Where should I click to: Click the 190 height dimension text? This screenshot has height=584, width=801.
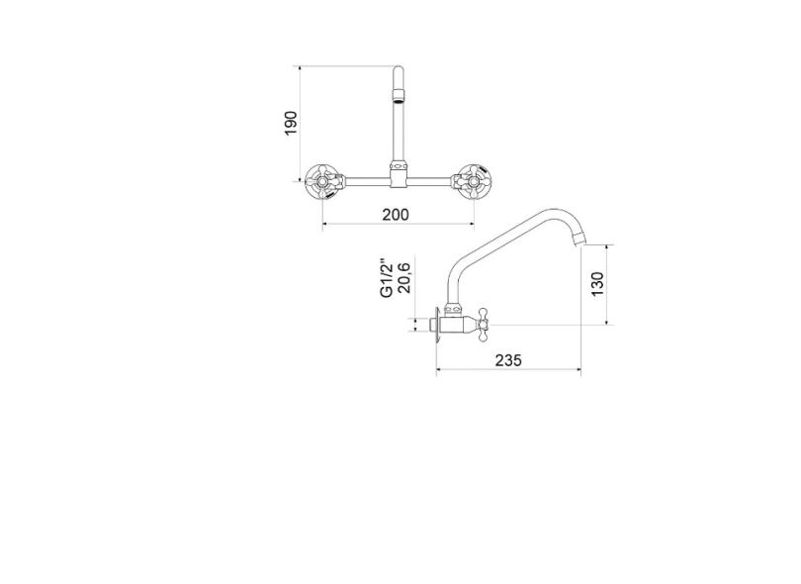point(291,124)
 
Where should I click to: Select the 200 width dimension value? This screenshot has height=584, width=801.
point(397,213)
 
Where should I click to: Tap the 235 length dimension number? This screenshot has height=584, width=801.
point(507,361)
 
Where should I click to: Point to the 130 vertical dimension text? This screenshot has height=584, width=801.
point(597,284)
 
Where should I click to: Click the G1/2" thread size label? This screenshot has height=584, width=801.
point(387,279)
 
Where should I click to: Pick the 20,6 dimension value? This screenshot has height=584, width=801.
point(403,279)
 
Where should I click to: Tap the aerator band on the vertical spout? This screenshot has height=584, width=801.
point(398,97)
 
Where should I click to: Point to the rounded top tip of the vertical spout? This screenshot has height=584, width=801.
point(398,70)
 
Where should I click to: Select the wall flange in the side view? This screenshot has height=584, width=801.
point(438,325)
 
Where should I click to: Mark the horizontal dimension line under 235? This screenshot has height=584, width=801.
point(508,373)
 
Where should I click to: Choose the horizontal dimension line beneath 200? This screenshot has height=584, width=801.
point(397,225)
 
